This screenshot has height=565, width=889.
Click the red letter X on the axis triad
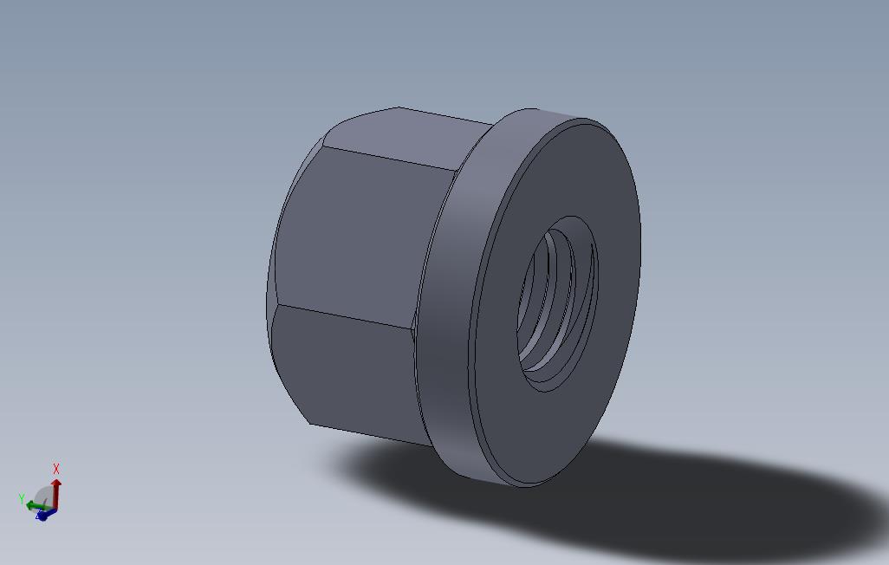(x=56, y=469)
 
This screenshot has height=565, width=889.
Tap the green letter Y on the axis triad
(x=22, y=499)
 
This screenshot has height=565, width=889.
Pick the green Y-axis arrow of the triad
(x=36, y=504)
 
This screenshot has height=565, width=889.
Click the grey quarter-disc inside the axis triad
(x=43, y=497)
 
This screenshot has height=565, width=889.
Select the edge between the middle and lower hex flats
(x=347, y=316)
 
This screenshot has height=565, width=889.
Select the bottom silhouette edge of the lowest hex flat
(x=373, y=435)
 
